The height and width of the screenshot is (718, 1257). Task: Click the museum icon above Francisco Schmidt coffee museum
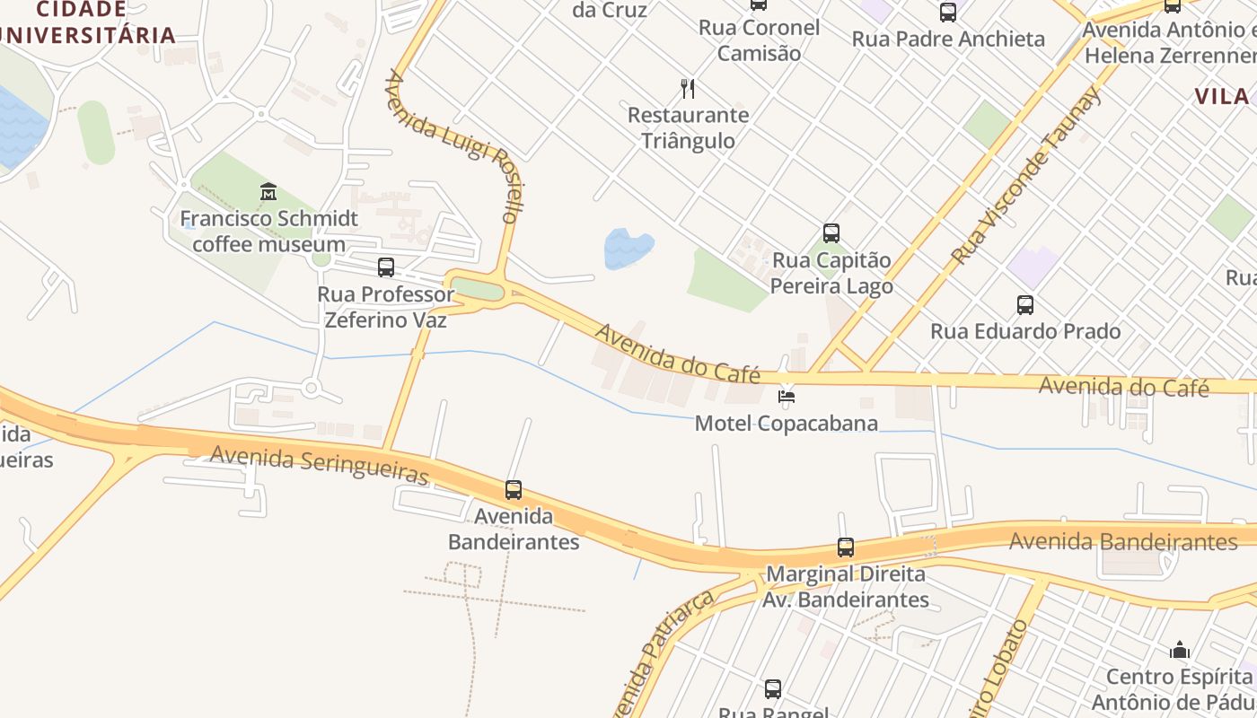[268, 191]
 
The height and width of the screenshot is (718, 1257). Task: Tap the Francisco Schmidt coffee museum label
[268, 231]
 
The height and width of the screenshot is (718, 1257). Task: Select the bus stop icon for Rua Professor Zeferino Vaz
[386, 267]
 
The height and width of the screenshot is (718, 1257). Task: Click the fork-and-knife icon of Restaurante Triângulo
[688, 88]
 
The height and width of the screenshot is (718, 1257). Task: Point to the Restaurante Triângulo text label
[688, 127]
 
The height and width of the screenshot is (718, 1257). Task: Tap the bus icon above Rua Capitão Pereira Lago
[831, 233]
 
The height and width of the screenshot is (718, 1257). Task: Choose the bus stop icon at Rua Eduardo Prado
[1025, 305]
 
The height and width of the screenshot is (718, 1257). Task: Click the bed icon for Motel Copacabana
[787, 396]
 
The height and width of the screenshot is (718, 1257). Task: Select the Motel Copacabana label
[787, 423]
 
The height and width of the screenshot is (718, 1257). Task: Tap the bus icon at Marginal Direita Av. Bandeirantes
[846, 547]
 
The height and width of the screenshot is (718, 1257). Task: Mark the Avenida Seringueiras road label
[319, 465]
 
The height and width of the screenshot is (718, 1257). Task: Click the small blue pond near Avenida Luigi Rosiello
[628, 247]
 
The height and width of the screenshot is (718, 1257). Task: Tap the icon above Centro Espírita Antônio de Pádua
[1180, 650]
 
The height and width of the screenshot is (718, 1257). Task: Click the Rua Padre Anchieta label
[948, 39]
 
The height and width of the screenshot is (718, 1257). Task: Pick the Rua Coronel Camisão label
[760, 40]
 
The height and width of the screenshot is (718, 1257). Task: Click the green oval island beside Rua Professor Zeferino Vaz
[477, 290]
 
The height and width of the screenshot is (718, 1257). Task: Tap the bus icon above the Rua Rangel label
[773, 689]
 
